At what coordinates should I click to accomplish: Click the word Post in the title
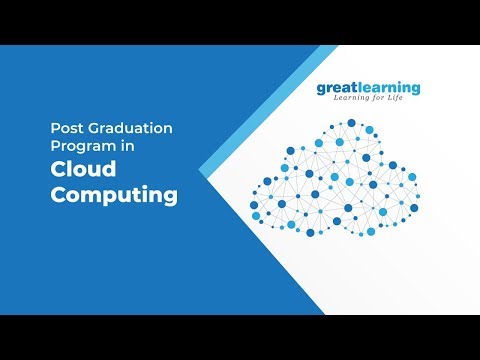[x=66, y=128]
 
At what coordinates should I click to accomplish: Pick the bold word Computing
[x=113, y=195]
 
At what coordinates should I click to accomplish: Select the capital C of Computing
[x=58, y=195]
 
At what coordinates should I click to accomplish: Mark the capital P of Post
[x=54, y=128]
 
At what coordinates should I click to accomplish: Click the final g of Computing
[x=169, y=198]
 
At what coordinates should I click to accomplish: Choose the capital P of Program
[x=54, y=146]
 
